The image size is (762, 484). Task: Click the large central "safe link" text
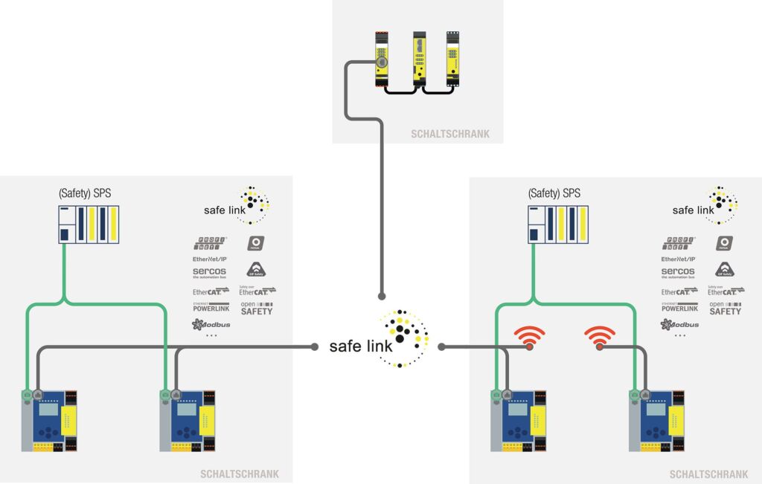(361, 346)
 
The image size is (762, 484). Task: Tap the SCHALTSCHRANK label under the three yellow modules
(449, 135)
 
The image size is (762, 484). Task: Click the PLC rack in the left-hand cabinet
(89, 225)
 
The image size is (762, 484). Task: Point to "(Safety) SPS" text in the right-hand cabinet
(554, 193)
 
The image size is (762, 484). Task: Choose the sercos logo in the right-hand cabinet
(678, 272)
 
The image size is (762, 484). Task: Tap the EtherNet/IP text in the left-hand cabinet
(209, 258)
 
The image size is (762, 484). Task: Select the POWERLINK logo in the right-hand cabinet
(679, 306)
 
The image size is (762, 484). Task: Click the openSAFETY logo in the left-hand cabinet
(257, 308)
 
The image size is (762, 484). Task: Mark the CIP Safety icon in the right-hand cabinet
(726, 269)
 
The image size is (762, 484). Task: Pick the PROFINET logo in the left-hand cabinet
(211, 242)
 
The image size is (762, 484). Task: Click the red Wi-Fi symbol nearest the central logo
(530, 338)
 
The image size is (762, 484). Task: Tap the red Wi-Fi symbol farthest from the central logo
(600, 338)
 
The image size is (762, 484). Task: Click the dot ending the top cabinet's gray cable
(382, 296)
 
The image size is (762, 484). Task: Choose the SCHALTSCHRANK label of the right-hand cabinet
(708, 474)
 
